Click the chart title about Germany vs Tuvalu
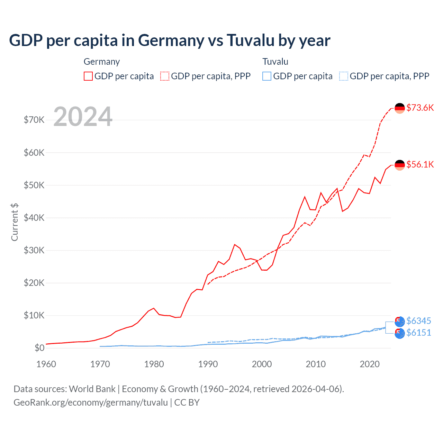[x=170, y=40]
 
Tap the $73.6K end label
[x=420, y=108]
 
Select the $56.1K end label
[x=420, y=164]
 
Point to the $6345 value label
[x=418, y=321]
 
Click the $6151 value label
[x=418, y=333]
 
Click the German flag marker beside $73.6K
[x=400, y=108]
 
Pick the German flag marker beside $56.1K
[x=400, y=165]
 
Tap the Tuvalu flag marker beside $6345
[x=400, y=322]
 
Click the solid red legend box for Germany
[x=88, y=76]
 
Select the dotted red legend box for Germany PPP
[x=165, y=76]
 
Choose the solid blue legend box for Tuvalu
[x=267, y=76]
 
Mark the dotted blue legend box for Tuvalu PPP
[x=343, y=76]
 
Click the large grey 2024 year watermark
[x=83, y=117]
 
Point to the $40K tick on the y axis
[x=34, y=218]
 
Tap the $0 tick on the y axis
[x=39, y=348]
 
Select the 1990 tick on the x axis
[x=208, y=364]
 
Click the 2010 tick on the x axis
[x=316, y=364]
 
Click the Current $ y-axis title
[x=15, y=222]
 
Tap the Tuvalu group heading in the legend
[x=275, y=62]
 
